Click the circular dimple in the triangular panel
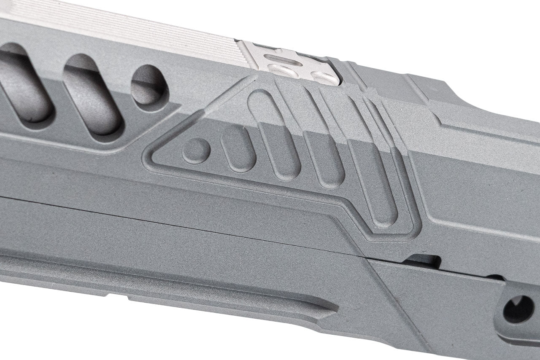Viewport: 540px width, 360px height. [196, 148]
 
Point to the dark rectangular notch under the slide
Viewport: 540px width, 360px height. [421, 260]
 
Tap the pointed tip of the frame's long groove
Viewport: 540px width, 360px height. [335, 307]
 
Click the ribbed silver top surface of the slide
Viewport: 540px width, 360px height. [127, 25]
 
